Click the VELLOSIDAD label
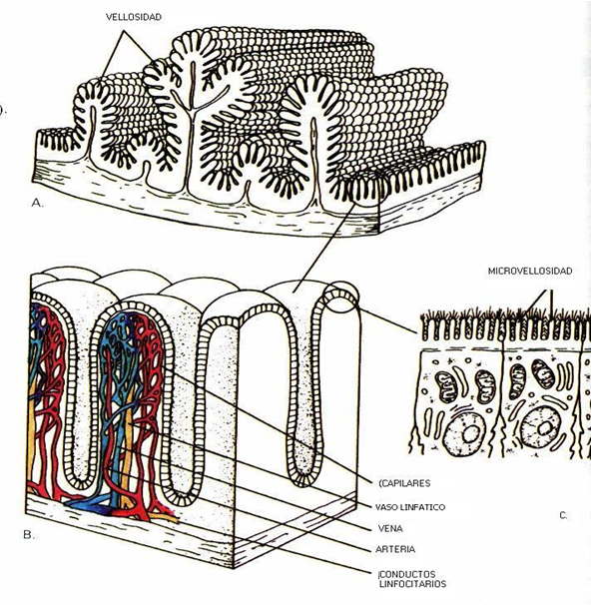pos(134,17)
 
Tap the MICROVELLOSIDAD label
pos(530,272)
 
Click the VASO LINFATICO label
pos(410,507)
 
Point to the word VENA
pos(390,528)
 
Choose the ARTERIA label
pos(395,549)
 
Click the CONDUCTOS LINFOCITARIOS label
pos(412,579)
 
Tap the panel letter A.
pos(37,203)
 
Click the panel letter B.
pos(29,535)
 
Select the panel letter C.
pos(563,515)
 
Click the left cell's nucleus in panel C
pos(464,433)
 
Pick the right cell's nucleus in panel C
pos(540,427)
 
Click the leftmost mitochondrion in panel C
pos(445,387)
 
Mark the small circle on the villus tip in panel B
pos(341,298)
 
